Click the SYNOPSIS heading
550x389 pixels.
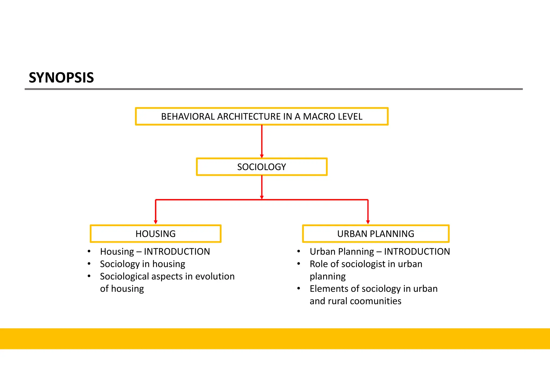pos(61,78)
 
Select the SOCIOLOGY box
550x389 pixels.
pos(262,167)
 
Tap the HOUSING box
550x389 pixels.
pos(155,234)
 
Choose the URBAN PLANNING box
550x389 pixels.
pos(375,234)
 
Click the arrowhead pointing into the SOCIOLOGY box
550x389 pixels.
pos(262,156)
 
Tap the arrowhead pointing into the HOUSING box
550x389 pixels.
pos(155,222)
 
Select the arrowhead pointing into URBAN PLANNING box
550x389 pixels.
pos(368,222)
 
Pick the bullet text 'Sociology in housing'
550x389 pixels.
pos(143,264)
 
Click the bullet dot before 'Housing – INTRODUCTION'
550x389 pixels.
pos(89,251)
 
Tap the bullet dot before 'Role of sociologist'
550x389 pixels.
pos(299,264)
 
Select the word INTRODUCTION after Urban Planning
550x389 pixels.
pos(417,252)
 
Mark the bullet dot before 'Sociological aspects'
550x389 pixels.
pos(89,276)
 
